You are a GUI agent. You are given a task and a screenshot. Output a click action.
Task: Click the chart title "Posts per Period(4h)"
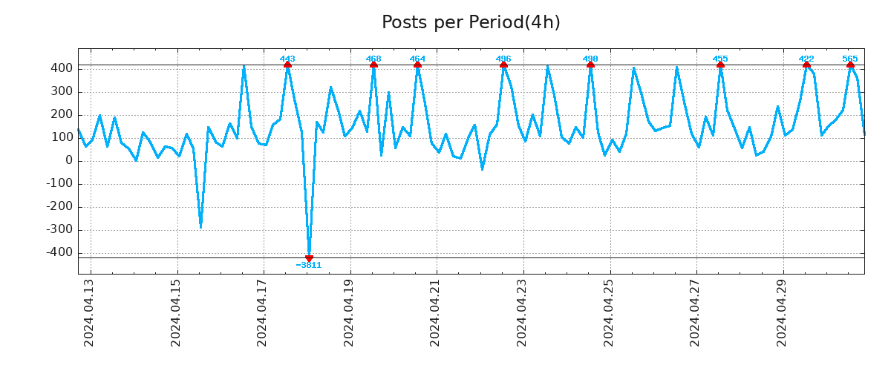pyautogui.click(x=471, y=23)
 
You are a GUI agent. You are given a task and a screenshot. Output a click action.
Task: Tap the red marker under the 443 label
pyautogui.click(x=287, y=65)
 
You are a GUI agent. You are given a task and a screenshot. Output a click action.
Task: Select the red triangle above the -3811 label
pyautogui.click(x=309, y=257)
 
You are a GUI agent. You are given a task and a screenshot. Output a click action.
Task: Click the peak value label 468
pyautogui.click(x=373, y=59)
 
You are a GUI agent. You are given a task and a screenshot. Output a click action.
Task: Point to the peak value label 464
pyautogui.click(x=417, y=59)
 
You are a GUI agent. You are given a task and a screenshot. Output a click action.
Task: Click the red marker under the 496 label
pyautogui.click(x=503, y=65)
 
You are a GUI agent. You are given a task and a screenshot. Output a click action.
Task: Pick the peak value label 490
pyautogui.click(x=590, y=59)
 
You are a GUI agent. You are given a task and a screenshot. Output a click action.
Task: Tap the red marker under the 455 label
pyautogui.click(x=720, y=65)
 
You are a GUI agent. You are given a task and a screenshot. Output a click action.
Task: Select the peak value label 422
pyautogui.click(x=806, y=59)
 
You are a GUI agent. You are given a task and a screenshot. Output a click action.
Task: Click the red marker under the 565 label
pyautogui.click(x=850, y=65)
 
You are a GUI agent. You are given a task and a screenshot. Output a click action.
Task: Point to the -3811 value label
pyautogui.click(x=309, y=266)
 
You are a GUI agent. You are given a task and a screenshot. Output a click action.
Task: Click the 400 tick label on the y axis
pyautogui.click(x=62, y=68)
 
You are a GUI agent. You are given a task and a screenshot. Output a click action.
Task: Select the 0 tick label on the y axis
pyautogui.click(x=69, y=161)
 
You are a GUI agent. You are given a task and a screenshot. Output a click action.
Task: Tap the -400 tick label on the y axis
pyautogui.click(x=59, y=253)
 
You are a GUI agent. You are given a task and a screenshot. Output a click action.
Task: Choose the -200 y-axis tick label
pyautogui.click(x=59, y=207)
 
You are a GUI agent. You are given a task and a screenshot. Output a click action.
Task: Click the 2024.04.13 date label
pyautogui.click(x=89, y=312)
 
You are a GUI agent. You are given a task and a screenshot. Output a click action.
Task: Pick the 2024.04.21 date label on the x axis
pyautogui.click(x=435, y=312)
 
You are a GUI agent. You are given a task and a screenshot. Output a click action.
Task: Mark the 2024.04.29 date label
pyautogui.click(x=781, y=312)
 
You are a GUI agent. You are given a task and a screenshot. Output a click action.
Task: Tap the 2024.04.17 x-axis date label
pyautogui.click(x=262, y=312)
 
